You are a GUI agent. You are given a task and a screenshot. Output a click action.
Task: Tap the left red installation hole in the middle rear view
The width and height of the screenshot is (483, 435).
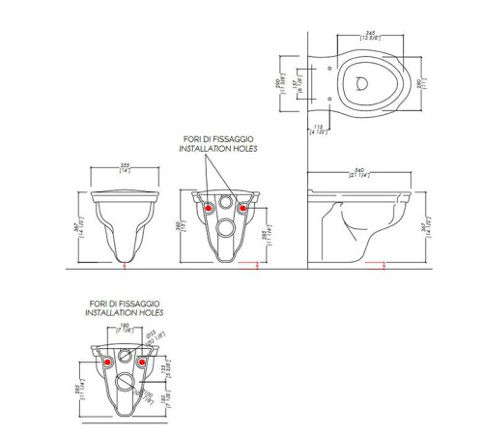(x=207, y=205)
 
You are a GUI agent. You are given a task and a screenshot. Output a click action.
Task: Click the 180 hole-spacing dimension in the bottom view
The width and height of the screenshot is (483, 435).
(x=126, y=327)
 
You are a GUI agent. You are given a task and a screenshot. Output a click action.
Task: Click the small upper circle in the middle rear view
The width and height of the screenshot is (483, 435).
(x=224, y=205)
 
